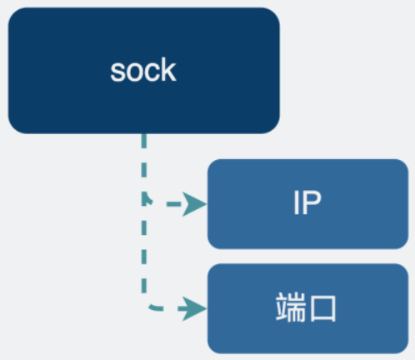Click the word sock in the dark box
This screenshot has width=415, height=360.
(x=143, y=71)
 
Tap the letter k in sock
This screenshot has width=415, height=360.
(x=169, y=70)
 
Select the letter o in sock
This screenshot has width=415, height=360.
(x=134, y=72)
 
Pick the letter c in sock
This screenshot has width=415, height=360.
(x=151, y=72)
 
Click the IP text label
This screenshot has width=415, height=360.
(x=307, y=204)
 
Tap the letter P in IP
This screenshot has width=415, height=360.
(x=312, y=204)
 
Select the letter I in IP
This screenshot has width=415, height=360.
(x=297, y=204)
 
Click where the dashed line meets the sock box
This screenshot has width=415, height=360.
(x=143, y=134)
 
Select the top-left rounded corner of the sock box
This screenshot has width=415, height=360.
(x=14, y=14)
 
